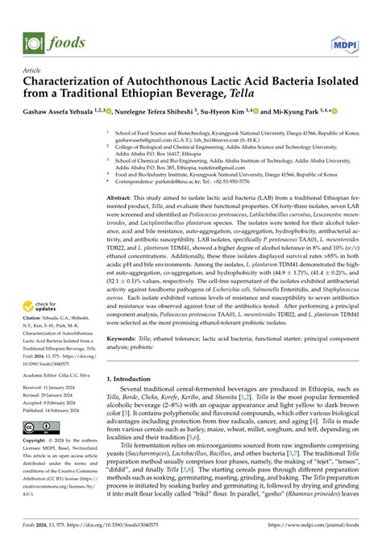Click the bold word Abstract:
pos(122,197)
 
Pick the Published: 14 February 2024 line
pos(48,410)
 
